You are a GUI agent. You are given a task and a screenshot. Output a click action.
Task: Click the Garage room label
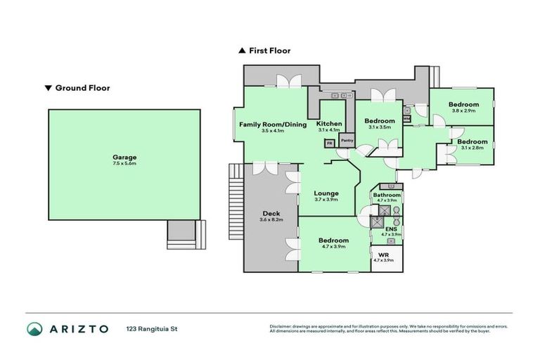coord(124,157)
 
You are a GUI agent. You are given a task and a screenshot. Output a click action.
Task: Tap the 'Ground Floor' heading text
coord(82,88)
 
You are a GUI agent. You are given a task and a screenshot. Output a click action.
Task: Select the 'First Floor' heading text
coord(269,51)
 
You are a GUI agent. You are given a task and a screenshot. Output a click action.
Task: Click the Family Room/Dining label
coord(274,124)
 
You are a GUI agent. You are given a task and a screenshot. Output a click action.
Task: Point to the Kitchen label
coord(328,124)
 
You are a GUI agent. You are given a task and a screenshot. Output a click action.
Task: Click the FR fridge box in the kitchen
coord(328,143)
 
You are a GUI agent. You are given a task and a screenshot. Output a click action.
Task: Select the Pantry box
coord(347,141)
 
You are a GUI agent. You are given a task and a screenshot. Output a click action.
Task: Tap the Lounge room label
coord(326,193)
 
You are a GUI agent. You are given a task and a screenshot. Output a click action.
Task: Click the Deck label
coord(271,214)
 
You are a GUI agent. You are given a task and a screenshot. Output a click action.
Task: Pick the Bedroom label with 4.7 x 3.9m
coord(334,240)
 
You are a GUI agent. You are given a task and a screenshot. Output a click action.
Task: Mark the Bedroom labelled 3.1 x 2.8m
coord(471,142)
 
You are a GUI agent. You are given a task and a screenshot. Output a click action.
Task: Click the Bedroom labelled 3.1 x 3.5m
coord(379,121)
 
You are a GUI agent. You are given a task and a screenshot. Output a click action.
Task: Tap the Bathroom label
coord(387,195)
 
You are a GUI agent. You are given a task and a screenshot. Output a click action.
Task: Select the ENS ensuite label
coord(390,229)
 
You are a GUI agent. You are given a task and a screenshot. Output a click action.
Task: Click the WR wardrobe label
coord(384,255)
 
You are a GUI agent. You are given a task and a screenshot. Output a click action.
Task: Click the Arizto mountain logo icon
coord(35,328)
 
